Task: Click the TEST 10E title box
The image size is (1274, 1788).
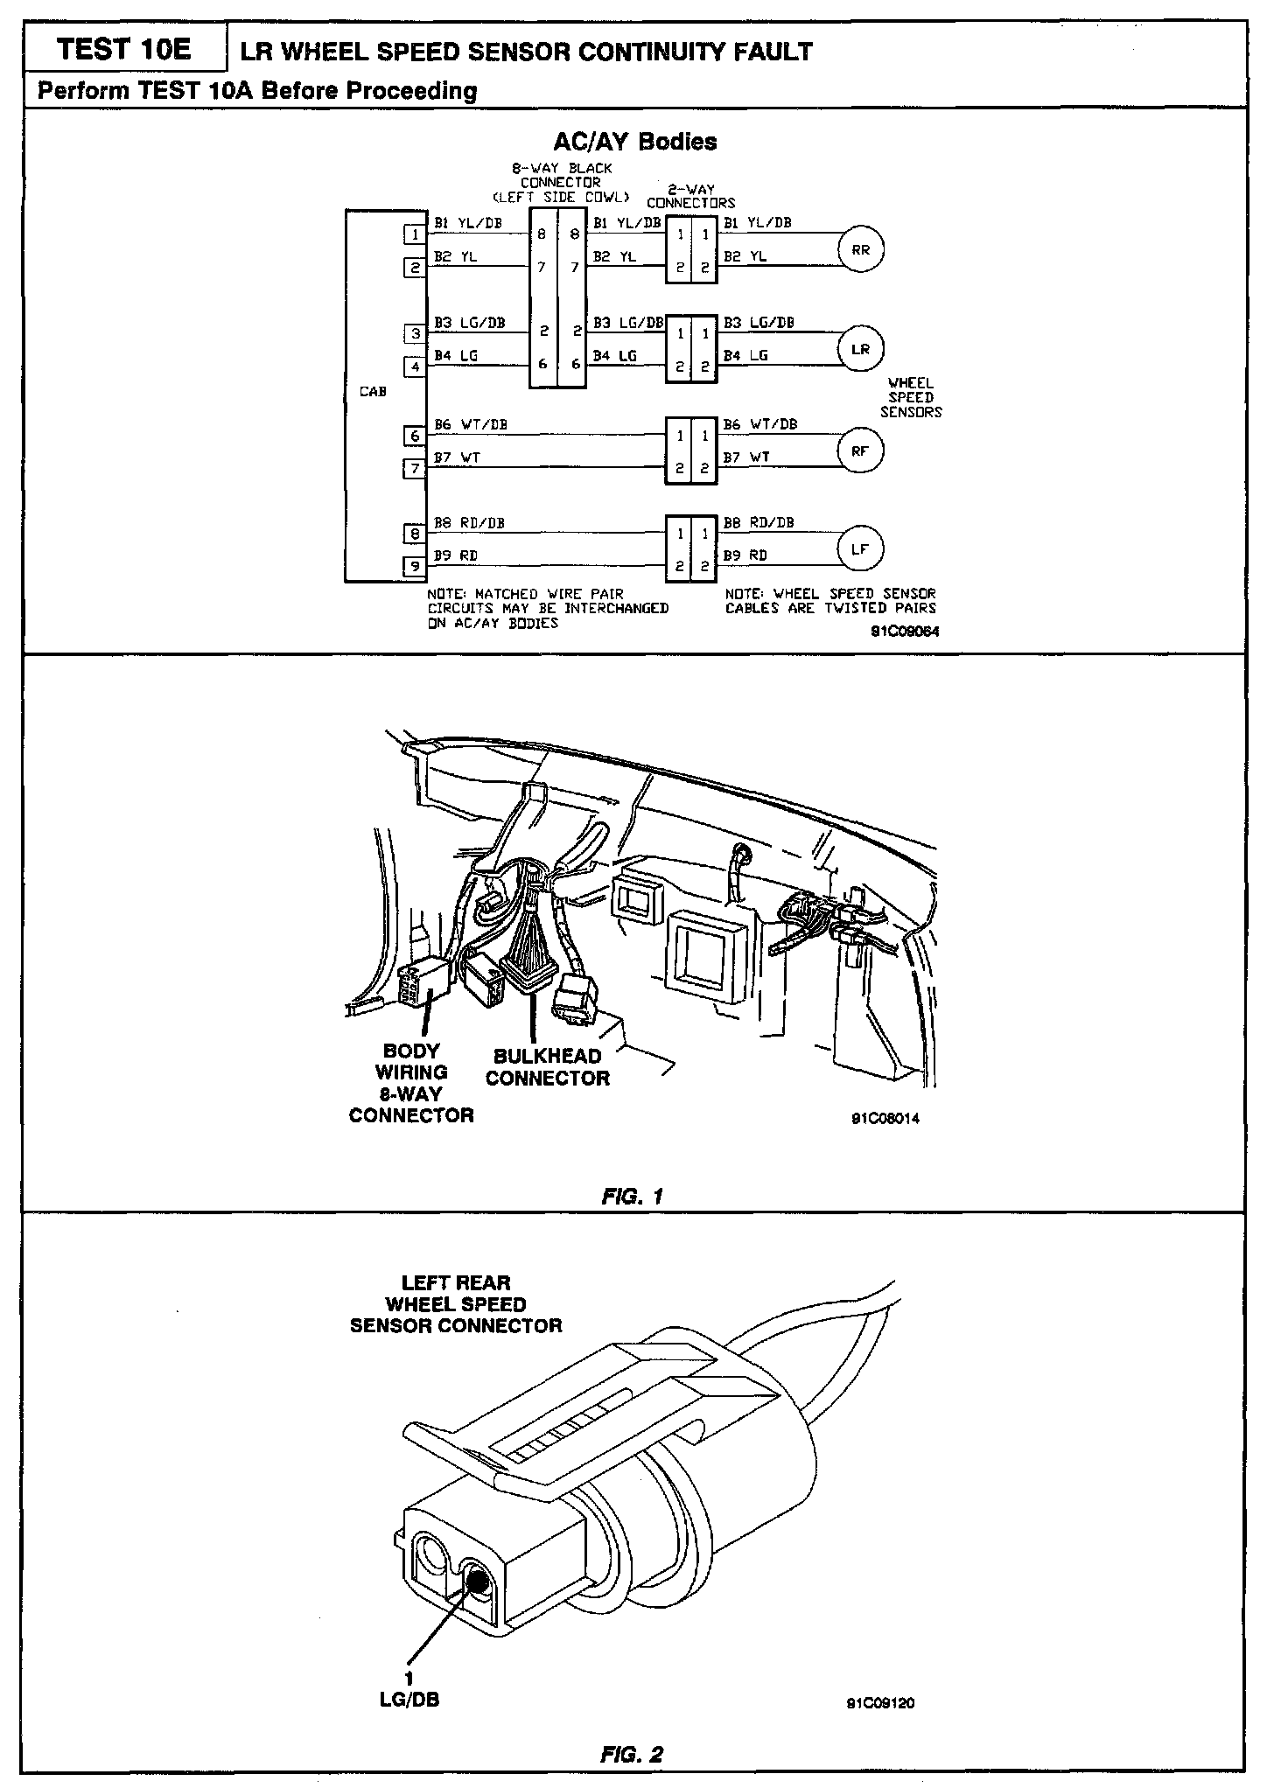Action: click(x=122, y=50)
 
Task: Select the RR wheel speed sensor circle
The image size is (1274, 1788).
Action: click(x=861, y=250)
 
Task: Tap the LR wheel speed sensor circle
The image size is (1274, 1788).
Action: click(x=861, y=349)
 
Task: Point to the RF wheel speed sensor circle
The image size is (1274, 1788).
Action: click(x=861, y=450)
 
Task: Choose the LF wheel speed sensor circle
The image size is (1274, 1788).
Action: click(x=861, y=549)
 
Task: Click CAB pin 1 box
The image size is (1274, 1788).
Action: click(x=415, y=234)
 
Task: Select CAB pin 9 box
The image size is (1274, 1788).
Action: click(x=415, y=567)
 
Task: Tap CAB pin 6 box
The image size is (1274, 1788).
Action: click(x=415, y=436)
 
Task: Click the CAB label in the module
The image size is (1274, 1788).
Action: click(x=373, y=392)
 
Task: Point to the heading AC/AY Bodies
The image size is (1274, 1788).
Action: click(x=635, y=142)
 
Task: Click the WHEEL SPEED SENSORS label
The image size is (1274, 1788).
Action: click(x=910, y=397)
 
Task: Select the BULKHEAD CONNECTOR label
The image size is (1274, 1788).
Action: click(x=547, y=1067)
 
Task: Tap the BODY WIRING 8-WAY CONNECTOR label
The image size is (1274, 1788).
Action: click(x=410, y=1083)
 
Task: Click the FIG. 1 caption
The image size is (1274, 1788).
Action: click(x=633, y=1195)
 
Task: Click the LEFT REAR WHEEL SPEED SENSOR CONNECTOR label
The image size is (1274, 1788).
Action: click(x=456, y=1304)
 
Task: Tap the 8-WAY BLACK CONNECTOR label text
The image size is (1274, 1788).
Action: click(x=561, y=182)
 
